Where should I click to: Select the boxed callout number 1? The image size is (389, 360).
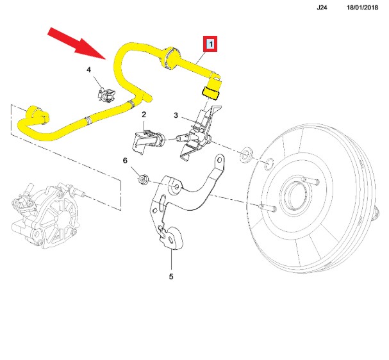pyautogui.click(x=210, y=44)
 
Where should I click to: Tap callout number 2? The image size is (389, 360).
pyautogui.click(x=144, y=115)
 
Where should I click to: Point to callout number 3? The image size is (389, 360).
pyautogui.click(x=175, y=115)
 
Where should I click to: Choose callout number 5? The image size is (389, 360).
pyautogui.click(x=171, y=277)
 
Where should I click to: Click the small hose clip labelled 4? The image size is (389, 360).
pyautogui.click(x=104, y=93)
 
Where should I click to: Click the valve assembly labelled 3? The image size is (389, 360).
pyautogui.click(x=201, y=128)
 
